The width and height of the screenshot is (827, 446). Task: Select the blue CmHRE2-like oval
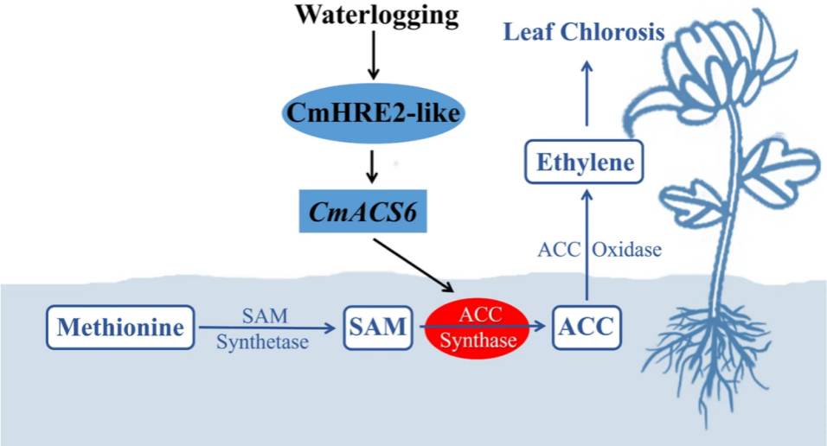pyautogui.click(x=371, y=112)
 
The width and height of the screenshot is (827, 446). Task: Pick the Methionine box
pyautogui.click(x=120, y=328)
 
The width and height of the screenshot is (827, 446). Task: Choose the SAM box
pyautogui.click(x=377, y=328)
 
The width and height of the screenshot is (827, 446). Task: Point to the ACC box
pyautogui.click(x=586, y=328)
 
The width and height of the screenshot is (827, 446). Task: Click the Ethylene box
pyautogui.click(x=585, y=162)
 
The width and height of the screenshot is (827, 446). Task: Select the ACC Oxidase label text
pyautogui.click(x=599, y=251)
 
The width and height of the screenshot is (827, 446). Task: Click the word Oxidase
pyautogui.click(x=627, y=251)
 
